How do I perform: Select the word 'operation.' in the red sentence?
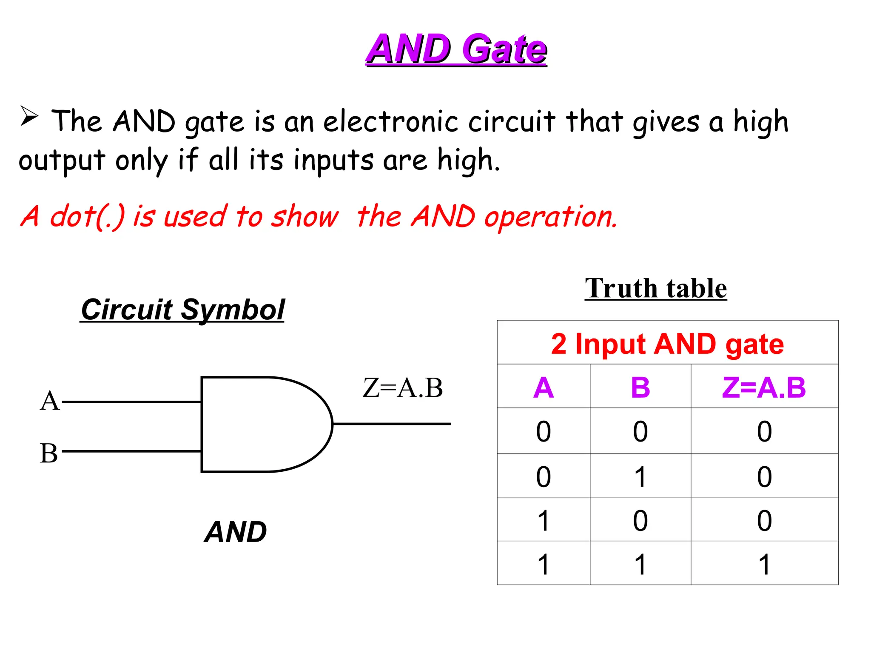coord(550,217)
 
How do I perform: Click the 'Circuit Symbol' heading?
coord(182,310)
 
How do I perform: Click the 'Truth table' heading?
coord(655,289)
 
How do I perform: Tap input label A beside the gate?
coord(49,401)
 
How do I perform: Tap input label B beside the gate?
coord(48,453)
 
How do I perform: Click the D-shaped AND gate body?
coord(259,425)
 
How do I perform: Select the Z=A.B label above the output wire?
coord(402,388)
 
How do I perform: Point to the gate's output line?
coord(391,424)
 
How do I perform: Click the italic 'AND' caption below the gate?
coord(235,532)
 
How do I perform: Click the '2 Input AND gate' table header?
coord(667,344)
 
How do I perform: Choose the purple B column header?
coord(640,387)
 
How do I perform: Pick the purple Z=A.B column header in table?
coord(764,387)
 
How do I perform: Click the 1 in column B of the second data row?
coord(640,477)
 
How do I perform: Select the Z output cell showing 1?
coord(764,565)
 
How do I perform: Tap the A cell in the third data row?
coord(543,521)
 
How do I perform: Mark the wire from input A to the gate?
coord(132,402)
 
